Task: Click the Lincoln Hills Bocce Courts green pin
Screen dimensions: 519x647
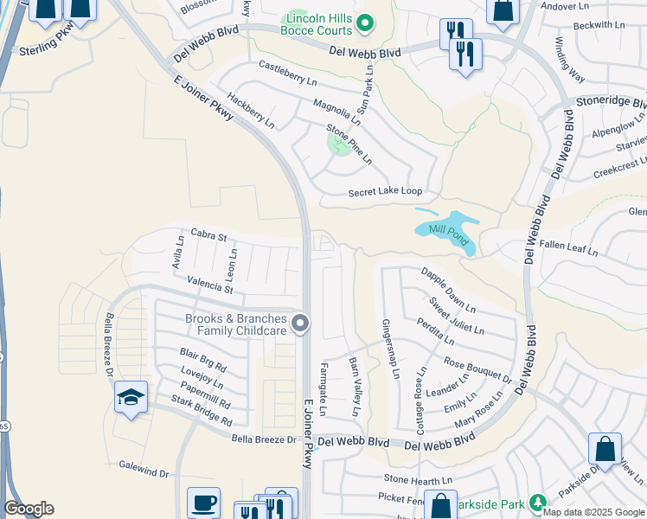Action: (365, 22)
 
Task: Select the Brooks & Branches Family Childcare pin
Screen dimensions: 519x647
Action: (300, 324)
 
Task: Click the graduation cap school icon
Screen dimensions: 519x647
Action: (130, 398)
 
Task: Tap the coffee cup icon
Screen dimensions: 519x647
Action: (204, 503)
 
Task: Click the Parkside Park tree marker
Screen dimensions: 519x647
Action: (537, 502)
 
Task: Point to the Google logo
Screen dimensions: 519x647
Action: (29, 509)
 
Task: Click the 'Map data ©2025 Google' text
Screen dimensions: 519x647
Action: (593, 512)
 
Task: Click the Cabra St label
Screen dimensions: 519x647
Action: (208, 235)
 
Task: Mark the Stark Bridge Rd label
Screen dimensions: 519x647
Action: (202, 413)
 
